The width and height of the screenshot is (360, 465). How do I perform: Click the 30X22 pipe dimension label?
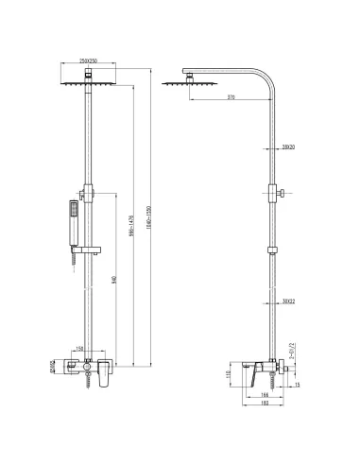pyautogui.click(x=289, y=301)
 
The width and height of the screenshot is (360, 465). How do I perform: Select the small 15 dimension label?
pyautogui.click(x=297, y=384)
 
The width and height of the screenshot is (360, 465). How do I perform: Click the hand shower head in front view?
pyautogui.click(x=71, y=209)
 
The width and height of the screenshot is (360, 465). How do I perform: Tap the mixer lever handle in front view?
pyautogui.click(x=99, y=369)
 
